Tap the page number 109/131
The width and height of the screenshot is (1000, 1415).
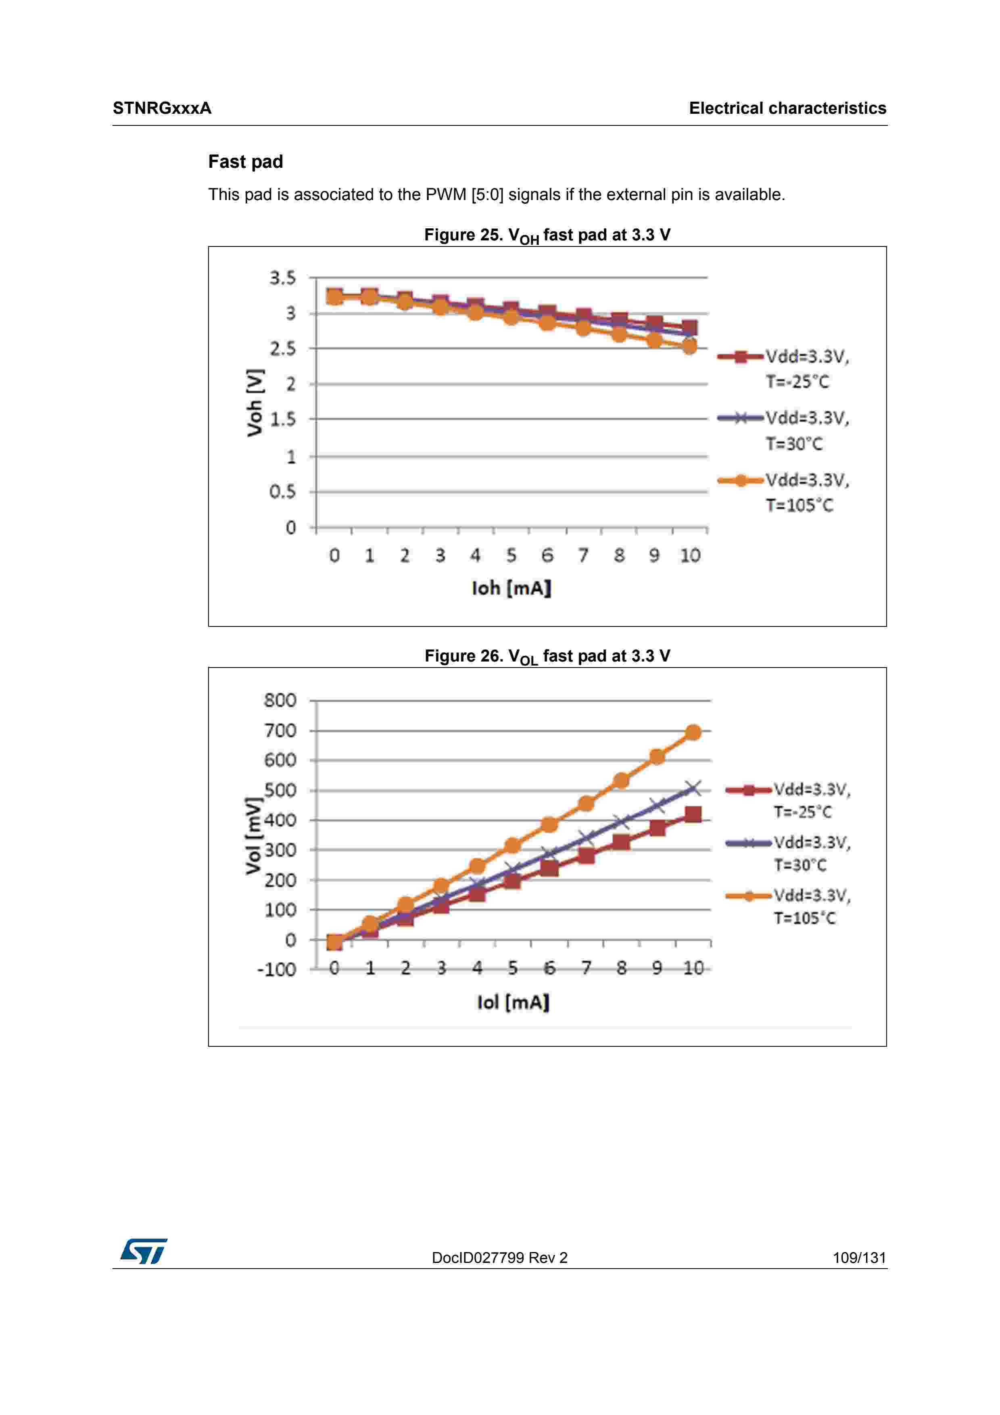click(x=859, y=1257)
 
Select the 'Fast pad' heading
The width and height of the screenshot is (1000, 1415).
click(x=245, y=161)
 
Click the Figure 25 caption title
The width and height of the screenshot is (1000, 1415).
click(x=547, y=236)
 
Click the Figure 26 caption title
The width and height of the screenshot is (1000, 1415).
click(x=547, y=656)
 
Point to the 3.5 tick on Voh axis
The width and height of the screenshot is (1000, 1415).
click(x=282, y=278)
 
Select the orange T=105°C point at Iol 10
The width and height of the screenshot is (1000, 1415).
click(x=693, y=732)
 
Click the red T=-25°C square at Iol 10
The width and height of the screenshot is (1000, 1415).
click(x=693, y=815)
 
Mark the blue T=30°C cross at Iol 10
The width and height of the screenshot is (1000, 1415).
click(x=693, y=788)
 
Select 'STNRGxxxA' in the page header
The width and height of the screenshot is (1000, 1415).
click(x=162, y=109)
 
